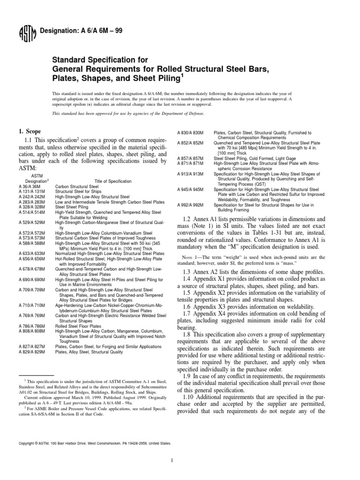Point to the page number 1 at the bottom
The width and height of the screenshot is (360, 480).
click(180, 460)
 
